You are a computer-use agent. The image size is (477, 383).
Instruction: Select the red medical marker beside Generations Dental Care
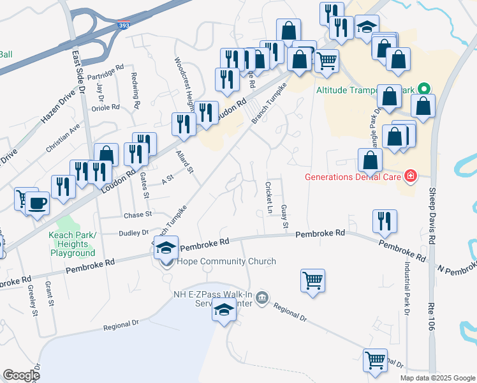pos(409,176)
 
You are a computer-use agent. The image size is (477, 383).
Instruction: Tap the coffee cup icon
pos(38,204)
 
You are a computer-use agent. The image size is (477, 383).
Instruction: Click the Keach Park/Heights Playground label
pos(72,244)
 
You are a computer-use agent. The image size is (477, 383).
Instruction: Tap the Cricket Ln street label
pos(269,197)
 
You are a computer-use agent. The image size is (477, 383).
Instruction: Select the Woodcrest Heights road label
pos(184,81)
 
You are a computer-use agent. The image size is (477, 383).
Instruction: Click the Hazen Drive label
pos(59,107)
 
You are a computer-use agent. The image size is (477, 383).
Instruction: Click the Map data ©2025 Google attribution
pos(437,378)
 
